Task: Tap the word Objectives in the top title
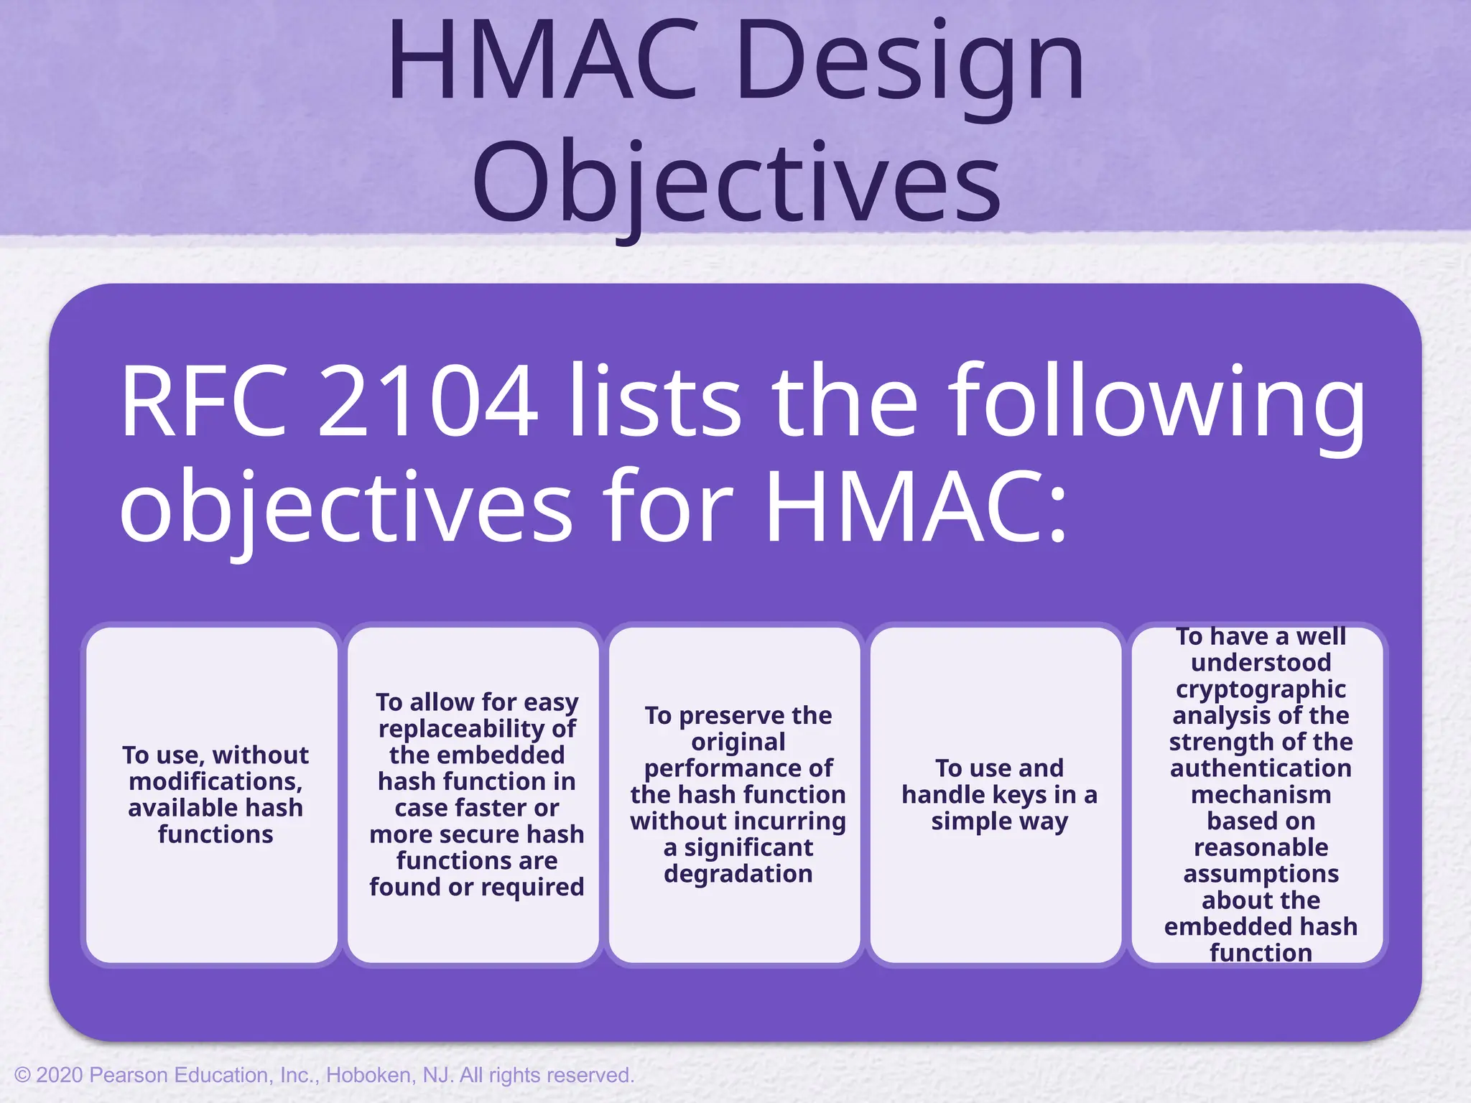(x=736, y=183)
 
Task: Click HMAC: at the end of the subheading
(x=916, y=506)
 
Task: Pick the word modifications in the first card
(x=215, y=781)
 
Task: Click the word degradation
(x=738, y=874)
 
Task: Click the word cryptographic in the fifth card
(x=1261, y=689)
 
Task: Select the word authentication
(x=1261, y=768)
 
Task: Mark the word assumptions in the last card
(x=1261, y=874)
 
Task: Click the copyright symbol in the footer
(x=22, y=1075)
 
